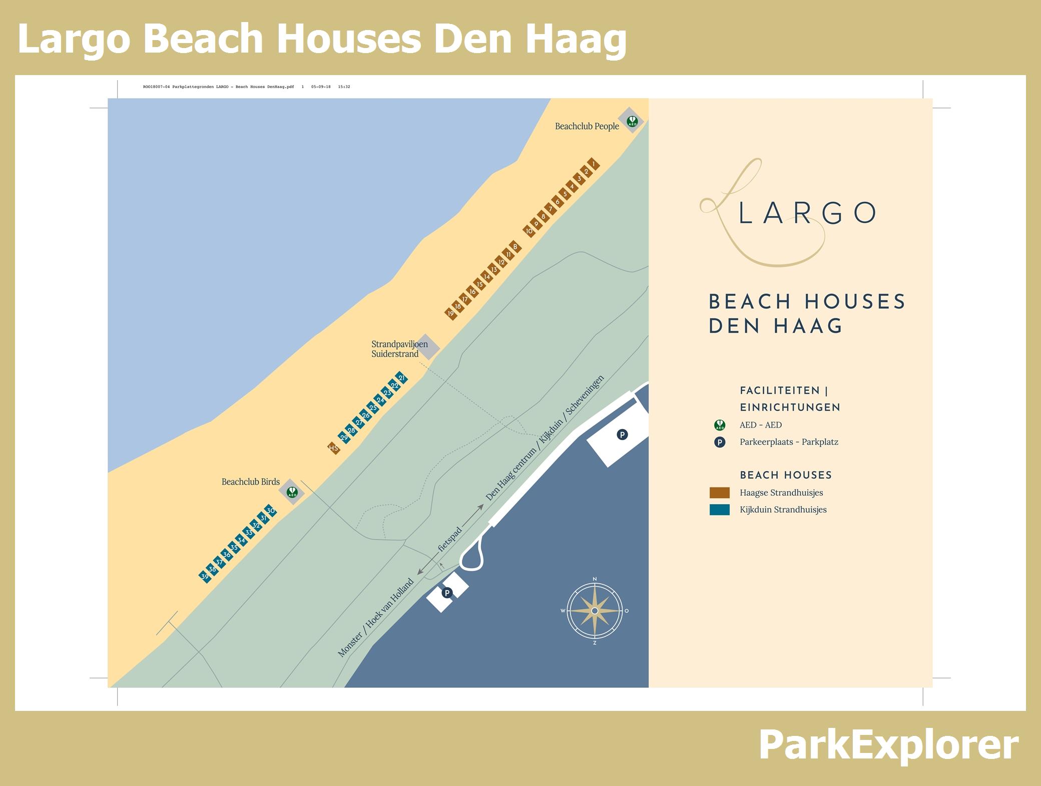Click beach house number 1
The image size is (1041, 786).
point(594,164)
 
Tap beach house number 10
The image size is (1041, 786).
point(529,231)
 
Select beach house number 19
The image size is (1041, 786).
point(451,314)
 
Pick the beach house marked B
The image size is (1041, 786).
point(515,247)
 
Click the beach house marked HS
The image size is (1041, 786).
point(334,448)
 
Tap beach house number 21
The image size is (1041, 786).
point(401,378)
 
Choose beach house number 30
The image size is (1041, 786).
point(270,511)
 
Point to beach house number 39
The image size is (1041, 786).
point(205,577)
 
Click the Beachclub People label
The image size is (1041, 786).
point(587,127)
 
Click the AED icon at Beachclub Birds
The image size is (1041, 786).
point(292,492)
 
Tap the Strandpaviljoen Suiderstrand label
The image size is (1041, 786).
point(399,349)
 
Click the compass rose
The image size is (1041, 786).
point(594,611)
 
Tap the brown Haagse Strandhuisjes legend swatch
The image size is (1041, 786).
point(719,493)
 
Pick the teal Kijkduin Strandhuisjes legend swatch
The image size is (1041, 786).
point(719,510)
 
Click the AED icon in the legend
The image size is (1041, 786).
point(720,426)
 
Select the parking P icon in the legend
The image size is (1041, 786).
point(720,442)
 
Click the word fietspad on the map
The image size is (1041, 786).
point(450,539)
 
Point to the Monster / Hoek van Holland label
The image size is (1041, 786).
point(376,618)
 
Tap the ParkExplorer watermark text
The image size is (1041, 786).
point(888,745)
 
